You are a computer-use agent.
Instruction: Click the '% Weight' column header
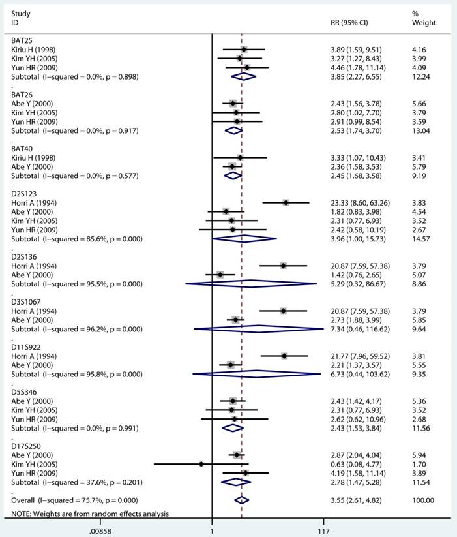pyautogui.click(x=424, y=18)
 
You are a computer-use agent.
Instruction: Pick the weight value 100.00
pyautogui.click(x=423, y=500)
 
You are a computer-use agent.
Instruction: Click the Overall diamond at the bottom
pyautogui.click(x=241, y=500)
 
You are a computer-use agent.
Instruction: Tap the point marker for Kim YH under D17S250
pyautogui.click(x=201, y=464)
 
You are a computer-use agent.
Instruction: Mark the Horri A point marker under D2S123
pyautogui.click(x=286, y=203)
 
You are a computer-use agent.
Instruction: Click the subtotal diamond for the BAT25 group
pyautogui.click(x=243, y=76)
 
